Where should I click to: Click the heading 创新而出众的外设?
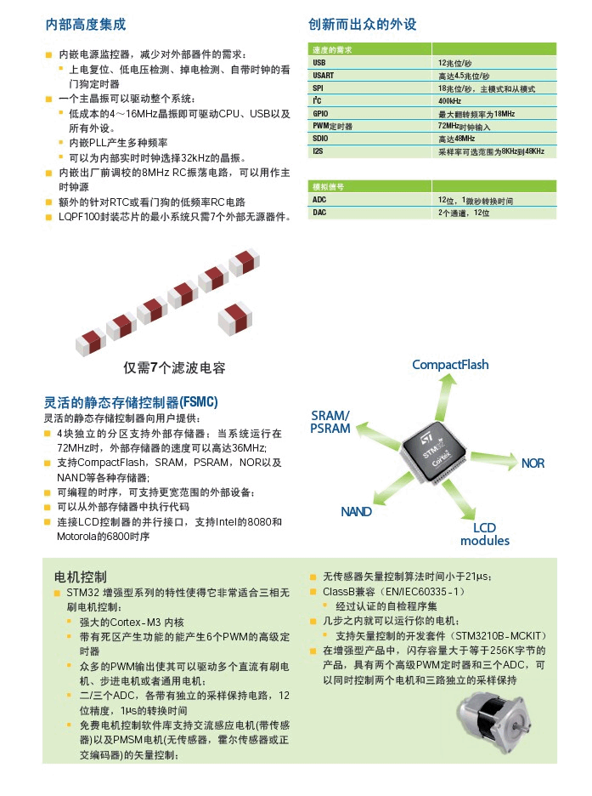click(x=363, y=25)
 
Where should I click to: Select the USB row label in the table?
click(x=319, y=63)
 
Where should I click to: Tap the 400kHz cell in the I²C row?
click(x=450, y=100)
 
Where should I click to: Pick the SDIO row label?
click(x=321, y=138)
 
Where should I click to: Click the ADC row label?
click(x=319, y=200)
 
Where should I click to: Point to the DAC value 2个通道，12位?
click(x=464, y=212)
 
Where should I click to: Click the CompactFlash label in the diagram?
click(x=450, y=365)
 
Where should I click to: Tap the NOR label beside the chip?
click(x=533, y=463)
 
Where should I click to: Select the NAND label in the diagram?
click(x=357, y=512)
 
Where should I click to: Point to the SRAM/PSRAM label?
click(x=330, y=422)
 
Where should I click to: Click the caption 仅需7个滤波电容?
click(x=174, y=368)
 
